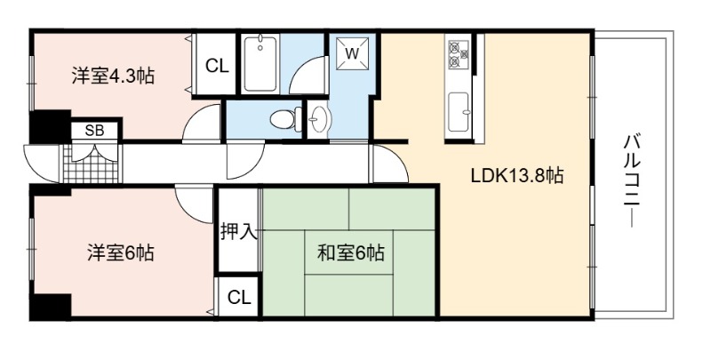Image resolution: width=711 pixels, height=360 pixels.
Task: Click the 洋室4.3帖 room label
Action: click(113, 76)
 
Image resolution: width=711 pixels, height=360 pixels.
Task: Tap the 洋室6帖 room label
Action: click(121, 252)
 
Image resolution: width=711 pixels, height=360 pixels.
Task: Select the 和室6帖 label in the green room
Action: click(350, 252)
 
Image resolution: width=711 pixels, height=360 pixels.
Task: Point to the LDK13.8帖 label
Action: click(517, 175)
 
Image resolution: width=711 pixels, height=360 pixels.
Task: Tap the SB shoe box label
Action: click(95, 131)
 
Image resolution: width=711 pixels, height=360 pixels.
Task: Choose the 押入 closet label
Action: click(239, 231)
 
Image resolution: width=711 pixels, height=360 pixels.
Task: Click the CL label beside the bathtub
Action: click(217, 66)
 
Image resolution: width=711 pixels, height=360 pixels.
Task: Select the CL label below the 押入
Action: click(239, 298)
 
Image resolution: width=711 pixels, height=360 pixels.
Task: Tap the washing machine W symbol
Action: click(352, 53)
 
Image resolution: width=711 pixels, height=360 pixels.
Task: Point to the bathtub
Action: click(260, 64)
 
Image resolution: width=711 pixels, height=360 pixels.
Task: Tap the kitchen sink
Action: click(459, 112)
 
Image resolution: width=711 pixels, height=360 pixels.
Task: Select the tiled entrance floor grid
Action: click(91, 164)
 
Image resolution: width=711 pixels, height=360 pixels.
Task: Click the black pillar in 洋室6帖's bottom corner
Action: click(51, 307)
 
